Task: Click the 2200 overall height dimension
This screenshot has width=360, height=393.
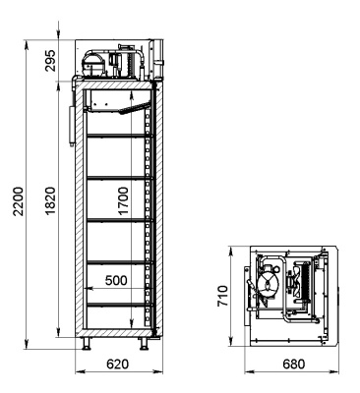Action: point(14,191)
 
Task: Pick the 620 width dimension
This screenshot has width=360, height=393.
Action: point(117,365)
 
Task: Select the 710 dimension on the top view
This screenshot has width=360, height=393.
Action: point(224,295)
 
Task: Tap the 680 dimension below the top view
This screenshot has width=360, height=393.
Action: point(293,365)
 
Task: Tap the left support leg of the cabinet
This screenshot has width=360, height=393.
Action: point(88,343)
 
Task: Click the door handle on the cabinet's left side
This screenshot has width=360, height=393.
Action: point(71,122)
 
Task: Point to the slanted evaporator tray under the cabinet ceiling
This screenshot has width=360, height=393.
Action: point(129,108)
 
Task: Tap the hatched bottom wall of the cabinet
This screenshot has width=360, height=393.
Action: point(116,331)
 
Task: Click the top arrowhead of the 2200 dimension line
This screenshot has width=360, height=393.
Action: point(28,45)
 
